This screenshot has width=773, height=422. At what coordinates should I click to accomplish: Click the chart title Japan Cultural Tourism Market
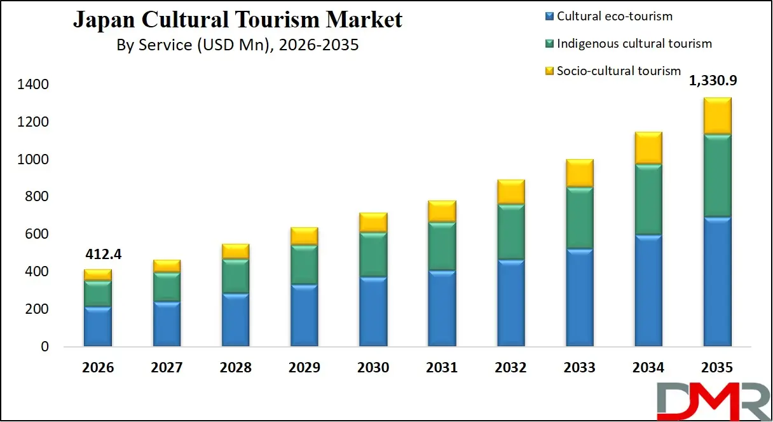tap(238, 20)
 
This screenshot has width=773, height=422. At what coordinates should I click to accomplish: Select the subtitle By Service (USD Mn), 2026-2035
tap(238, 45)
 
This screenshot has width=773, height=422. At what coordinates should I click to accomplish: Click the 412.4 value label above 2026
tap(102, 255)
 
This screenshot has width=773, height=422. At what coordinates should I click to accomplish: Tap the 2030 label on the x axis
tap(373, 368)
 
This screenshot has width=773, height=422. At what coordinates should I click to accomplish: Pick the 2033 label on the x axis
tap(579, 368)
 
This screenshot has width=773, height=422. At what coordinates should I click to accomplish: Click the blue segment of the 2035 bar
tap(717, 282)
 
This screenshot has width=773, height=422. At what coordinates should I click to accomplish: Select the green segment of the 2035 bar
tap(717, 176)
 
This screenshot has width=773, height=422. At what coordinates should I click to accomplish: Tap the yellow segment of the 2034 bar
tap(648, 148)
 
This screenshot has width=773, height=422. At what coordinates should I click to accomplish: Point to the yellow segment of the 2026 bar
tap(98, 275)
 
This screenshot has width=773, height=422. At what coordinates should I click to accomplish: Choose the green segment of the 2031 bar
tap(442, 246)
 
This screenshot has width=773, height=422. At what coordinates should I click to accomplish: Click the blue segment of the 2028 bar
tap(235, 320)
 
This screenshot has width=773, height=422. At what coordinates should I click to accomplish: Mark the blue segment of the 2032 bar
tap(510, 303)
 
